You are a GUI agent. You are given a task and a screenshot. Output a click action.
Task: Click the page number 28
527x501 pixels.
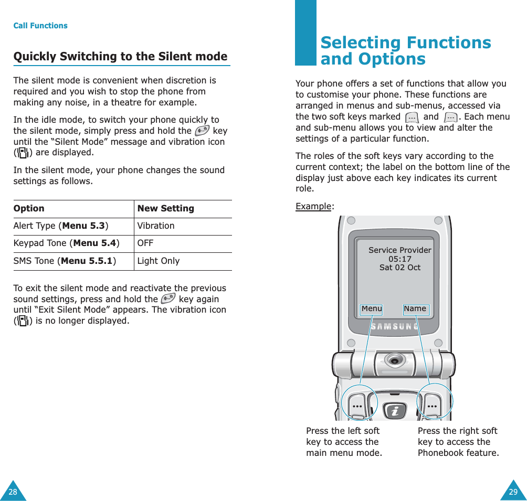pos(13,492)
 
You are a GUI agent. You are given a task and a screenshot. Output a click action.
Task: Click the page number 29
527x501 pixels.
pos(513,492)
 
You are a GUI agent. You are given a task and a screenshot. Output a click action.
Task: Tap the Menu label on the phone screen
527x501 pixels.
pos(372,309)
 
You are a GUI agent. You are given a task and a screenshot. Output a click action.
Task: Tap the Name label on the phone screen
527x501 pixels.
pos(415,309)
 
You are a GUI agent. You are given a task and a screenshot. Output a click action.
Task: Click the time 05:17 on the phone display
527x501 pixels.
pos(399,259)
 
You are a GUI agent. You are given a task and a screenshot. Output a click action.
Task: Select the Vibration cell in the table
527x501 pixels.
pos(156,226)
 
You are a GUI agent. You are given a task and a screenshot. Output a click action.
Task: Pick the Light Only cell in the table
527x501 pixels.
pos(159,261)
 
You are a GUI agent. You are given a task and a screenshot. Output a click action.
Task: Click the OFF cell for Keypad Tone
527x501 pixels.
pos(145,243)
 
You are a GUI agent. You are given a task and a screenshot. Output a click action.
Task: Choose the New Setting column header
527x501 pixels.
pos(165,209)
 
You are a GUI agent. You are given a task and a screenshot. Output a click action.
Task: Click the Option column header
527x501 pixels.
pos(29,209)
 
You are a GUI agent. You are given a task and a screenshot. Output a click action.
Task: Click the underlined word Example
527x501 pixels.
pos(313,206)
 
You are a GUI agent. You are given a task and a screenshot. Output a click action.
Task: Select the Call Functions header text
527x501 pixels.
pos(40,26)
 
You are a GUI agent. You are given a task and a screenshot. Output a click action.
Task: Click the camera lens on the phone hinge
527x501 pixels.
pos(395,361)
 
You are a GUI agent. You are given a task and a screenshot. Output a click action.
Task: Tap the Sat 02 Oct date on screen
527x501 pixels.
pos(399,268)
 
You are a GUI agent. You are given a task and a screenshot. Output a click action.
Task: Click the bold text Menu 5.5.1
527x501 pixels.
pos(87,261)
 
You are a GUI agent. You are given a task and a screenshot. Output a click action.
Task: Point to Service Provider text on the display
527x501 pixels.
pos(399,250)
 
